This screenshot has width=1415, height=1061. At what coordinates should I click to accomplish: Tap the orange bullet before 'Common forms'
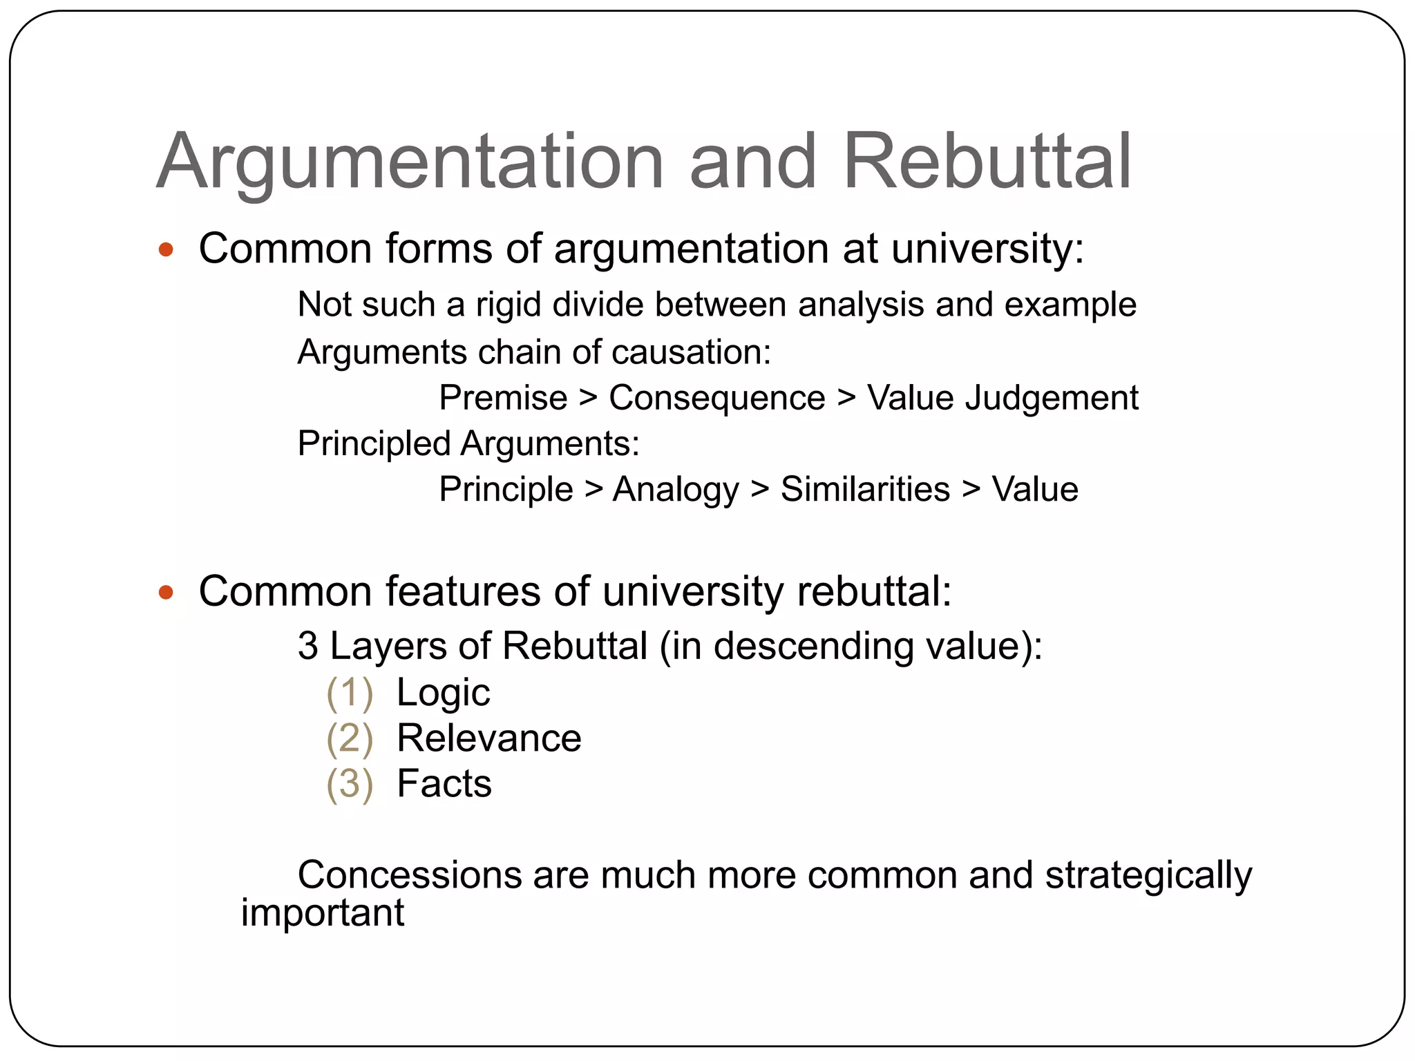coord(166,249)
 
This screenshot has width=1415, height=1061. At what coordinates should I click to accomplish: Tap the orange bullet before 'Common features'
coord(166,592)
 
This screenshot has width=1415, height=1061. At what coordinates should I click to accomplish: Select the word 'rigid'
coord(508,305)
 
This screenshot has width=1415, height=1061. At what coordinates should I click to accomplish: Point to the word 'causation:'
coord(691,352)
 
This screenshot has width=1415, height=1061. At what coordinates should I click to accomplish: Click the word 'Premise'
coord(503,398)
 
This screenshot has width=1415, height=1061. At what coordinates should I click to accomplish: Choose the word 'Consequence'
coord(716,398)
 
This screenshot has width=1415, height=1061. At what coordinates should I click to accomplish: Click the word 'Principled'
coord(373,444)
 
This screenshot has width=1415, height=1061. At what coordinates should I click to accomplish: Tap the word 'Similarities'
coord(865,489)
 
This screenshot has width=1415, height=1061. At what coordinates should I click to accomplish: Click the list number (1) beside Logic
coord(350,693)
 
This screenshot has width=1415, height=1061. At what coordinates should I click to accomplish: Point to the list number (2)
coord(350,738)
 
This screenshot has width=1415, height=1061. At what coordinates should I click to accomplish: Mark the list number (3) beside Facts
coord(350,784)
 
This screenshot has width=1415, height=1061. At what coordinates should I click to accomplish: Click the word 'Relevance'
coord(488,738)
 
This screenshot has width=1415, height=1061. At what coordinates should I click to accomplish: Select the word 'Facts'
coord(444,783)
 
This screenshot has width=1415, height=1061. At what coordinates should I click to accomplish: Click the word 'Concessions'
coord(409,875)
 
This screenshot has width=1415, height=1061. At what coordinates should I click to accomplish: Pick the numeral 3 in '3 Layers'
coord(308,647)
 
